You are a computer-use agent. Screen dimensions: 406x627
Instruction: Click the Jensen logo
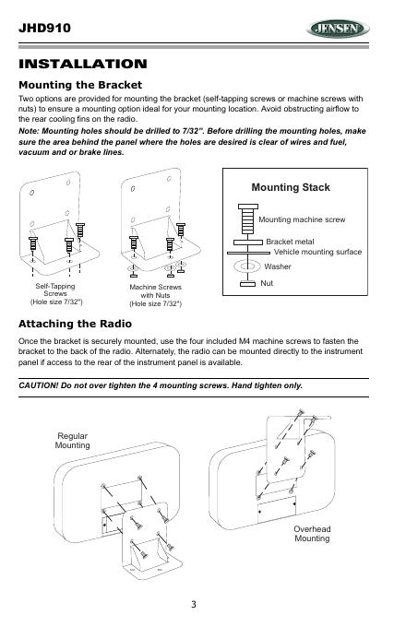(x=337, y=29)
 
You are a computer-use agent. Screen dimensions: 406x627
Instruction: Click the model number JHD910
(x=44, y=28)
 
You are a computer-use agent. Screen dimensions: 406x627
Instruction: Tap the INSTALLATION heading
(x=83, y=64)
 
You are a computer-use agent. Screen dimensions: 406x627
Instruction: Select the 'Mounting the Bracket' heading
(x=80, y=85)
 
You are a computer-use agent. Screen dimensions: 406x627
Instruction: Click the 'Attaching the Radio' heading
(x=75, y=324)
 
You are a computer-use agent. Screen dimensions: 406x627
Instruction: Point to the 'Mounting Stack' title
(x=291, y=187)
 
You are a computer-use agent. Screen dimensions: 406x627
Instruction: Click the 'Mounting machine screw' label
(x=302, y=219)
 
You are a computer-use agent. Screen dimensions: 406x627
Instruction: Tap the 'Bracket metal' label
(x=290, y=242)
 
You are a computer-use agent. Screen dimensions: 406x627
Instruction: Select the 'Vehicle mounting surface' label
(x=317, y=252)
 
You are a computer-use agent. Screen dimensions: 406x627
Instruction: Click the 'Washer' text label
(x=278, y=266)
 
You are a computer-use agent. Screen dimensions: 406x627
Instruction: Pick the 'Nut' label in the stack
(x=267, y=283)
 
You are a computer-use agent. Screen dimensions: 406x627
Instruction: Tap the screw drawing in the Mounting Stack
(x=248, y=219)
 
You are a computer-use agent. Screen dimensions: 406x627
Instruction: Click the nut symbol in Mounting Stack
(x=247, y=284)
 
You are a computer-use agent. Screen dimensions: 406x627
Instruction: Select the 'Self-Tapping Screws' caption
(x=55, y=290)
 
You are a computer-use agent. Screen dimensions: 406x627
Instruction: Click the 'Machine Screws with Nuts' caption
(x=156, y=291)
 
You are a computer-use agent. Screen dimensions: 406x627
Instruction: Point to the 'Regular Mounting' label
(x=72, y=441)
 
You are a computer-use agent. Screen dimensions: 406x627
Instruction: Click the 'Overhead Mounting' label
(x=312, y=534)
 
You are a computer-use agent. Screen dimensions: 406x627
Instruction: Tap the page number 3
(x=194, y=604)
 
